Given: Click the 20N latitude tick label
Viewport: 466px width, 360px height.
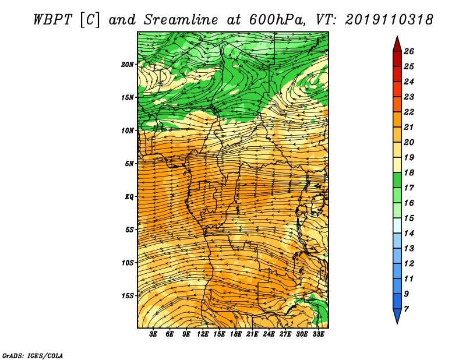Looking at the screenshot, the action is pyautogui.click(x=128, y=65).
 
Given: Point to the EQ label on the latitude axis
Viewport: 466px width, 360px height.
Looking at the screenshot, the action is pyautogui.click(x=129, y=197).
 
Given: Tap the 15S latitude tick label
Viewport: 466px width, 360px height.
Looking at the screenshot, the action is pyautogui.click(x=128, y=296).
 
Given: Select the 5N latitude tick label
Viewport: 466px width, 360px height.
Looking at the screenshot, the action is pyautogui.click(x=129, y=164).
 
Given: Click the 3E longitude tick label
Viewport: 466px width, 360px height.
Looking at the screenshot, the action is pyautogui.click(x=153, y=334).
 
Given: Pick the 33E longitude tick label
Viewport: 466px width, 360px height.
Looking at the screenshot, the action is pyautogui.click(x=318, y=334).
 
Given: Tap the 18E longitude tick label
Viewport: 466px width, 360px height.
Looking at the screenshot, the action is pyautogui.click(x=236, y=334).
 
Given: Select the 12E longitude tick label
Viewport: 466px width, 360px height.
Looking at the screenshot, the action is pyautogui.click(x=203, y=334).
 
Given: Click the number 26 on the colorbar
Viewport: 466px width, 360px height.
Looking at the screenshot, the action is pyautogui.click(x=409, y=51).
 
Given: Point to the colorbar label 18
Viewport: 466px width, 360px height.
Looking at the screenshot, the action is pyautogui.click(x=409, y=172).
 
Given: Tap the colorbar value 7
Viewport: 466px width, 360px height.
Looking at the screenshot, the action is pyautogui.click(x=406, y=309).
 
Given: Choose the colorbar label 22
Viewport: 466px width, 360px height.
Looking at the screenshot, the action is pyautogui.click(x=409, y=112).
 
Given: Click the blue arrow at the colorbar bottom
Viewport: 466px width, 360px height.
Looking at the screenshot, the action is pyautogui.click(x=397, y=316).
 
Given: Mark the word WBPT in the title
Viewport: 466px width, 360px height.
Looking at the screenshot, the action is pyautogui.click(x=52, y=20).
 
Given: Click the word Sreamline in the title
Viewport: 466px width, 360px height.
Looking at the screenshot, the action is pyautogui.click(x=181, y=20).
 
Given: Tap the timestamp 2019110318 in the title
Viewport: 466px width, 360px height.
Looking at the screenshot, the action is pyautogui.click(x=389, y=20).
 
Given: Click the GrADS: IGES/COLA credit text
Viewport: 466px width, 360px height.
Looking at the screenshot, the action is pyautogui.click(x=33, y=356).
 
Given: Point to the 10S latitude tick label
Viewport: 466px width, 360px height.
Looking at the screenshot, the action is pyautogui.click(x=128, y=263).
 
